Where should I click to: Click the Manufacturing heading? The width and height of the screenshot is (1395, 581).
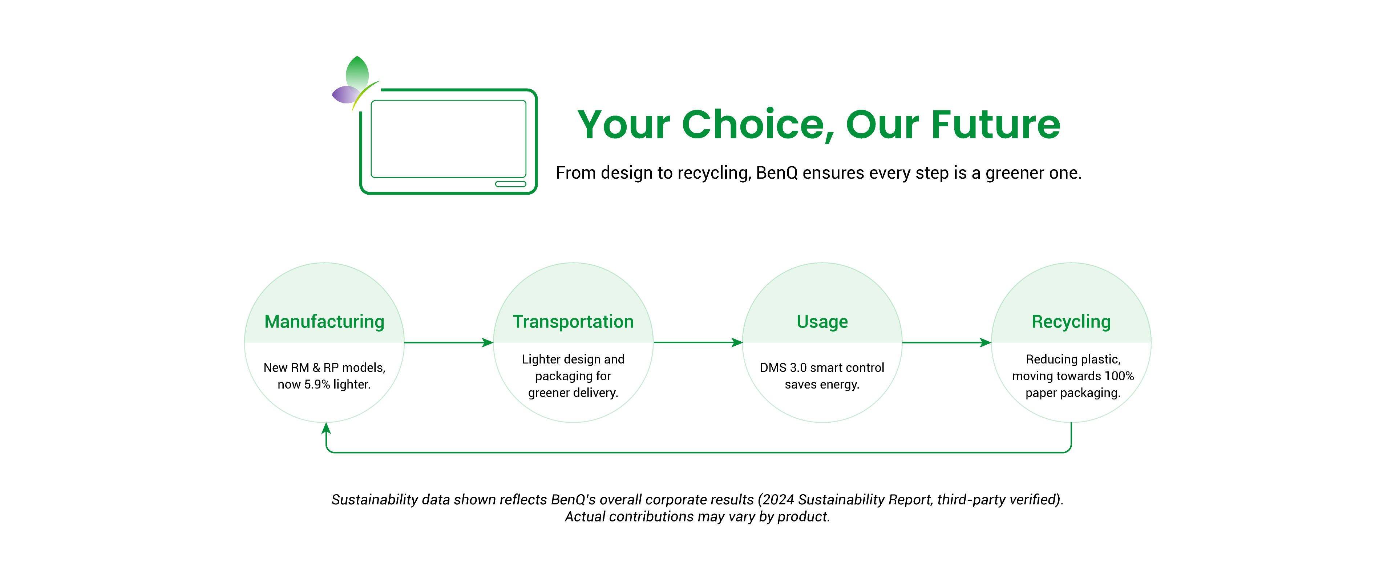tap(324, 322)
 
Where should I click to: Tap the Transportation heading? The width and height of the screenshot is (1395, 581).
tap(573, 322)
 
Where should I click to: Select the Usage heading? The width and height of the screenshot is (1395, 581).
tap(822, 322)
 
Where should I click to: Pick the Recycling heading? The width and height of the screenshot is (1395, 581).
tap(1071, 322)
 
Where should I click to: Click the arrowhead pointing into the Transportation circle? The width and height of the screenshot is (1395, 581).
tap(488, 342)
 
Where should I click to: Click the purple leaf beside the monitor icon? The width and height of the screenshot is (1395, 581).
tap(345, 95)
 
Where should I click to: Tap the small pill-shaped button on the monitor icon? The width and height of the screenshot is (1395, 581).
tap(511, 184)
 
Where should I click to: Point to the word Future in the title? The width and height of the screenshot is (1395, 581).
tap(996, 125)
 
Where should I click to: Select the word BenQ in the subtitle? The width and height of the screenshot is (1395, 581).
tap(777, 173)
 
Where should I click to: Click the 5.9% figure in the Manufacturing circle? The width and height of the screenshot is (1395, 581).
tap(317, 385)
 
